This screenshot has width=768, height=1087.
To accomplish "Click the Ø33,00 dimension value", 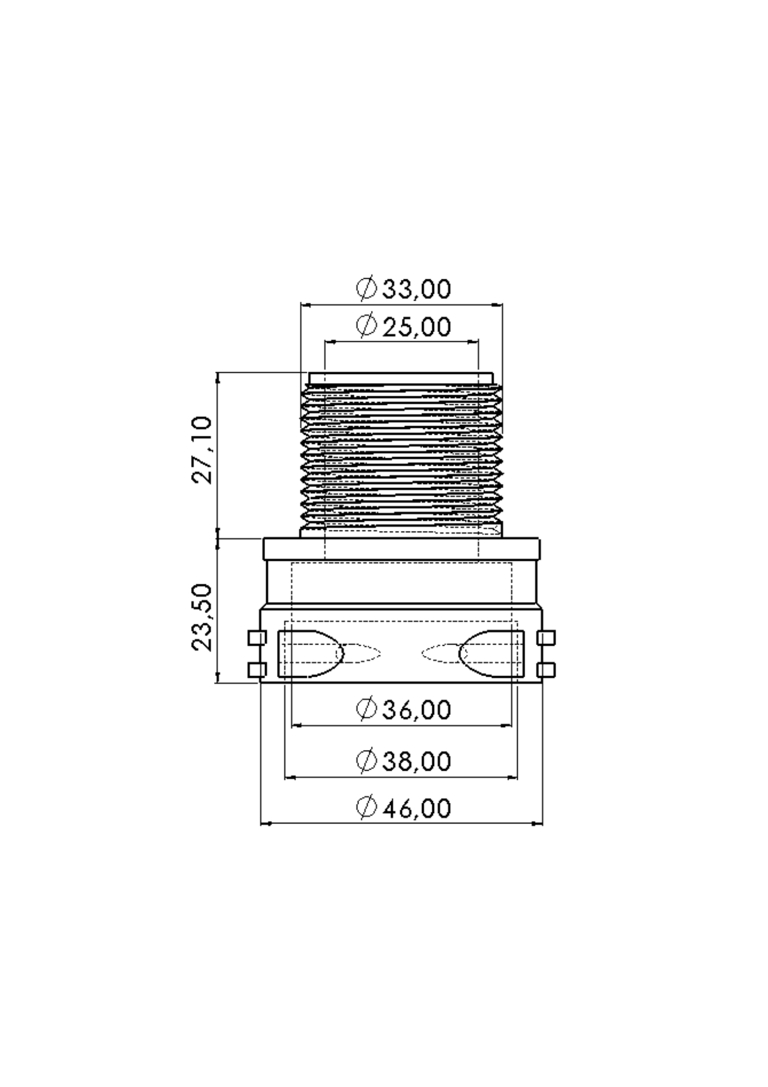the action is [404, 289].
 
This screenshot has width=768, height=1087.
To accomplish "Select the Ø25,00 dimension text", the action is [404, 327].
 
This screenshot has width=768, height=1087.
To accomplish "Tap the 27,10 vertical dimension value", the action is [202, 450].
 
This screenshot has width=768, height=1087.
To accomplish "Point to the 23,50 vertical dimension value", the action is [202, 617].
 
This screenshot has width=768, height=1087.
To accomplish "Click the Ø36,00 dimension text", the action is [404, 710].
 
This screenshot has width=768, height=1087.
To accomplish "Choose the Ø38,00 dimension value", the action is [404, 761].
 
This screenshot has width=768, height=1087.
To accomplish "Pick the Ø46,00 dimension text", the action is [404, 809].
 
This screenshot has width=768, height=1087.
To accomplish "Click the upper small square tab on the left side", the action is [257, 638].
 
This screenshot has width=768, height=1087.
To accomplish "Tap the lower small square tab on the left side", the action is [257, 670].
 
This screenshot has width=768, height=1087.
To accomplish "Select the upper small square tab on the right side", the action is [546, 638].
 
